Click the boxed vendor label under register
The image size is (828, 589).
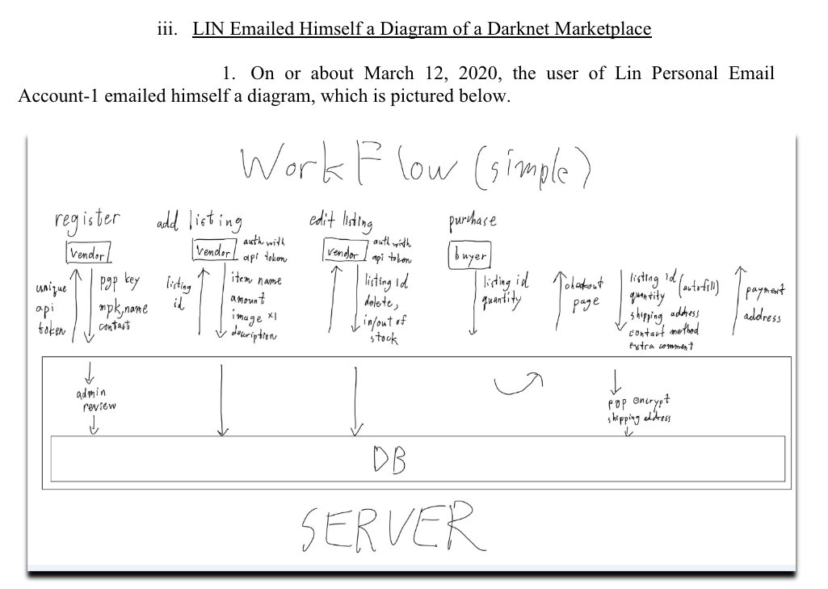pos(87,254)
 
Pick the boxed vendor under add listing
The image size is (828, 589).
pos(215,251)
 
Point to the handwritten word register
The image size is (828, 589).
pos(87,219)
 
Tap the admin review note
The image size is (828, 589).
pos(95,399)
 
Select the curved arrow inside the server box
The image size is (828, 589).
pos(519,385)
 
